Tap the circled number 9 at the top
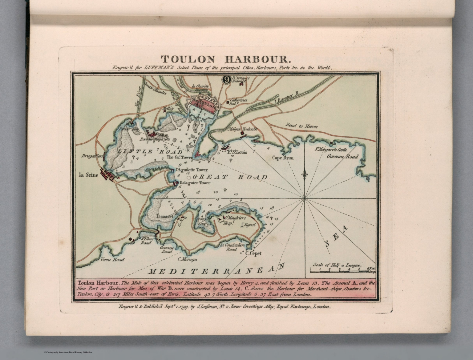226,80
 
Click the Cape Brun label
283,158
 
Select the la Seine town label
88,175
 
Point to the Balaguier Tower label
195,183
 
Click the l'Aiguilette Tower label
191,170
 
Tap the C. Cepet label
253,253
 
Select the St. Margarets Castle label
330,150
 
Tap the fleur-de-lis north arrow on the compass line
305,174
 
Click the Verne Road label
112,259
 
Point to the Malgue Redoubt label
243,129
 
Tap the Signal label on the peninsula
249,225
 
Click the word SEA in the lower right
336,237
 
